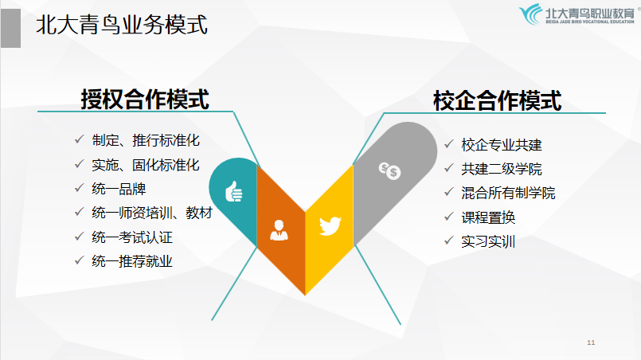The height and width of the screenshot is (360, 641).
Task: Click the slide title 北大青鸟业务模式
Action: point(122,25)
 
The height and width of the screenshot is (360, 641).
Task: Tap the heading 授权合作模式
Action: point(145,100)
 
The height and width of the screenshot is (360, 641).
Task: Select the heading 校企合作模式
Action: point(498,100)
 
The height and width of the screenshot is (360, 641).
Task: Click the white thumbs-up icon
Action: point(234,191)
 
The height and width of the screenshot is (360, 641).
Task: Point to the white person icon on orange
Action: point(279,230)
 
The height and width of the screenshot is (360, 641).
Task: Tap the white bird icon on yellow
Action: point(330,226)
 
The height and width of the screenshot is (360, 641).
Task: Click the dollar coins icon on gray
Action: point(389,170)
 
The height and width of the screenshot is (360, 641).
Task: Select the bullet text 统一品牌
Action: point(119,189)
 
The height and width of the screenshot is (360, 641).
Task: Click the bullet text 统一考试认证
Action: point(132,237)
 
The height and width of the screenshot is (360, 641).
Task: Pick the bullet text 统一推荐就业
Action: point(132,261)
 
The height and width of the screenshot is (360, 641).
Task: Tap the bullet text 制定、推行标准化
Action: point(146,140)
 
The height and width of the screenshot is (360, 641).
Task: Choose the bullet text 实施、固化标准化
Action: point(146,165)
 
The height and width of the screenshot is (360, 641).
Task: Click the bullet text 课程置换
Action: point(488,217)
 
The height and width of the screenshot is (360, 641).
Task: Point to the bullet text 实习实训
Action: point(488,241)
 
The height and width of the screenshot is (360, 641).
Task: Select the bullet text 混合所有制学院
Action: point(508,193)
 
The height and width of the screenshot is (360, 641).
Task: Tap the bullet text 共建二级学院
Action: point(502,169)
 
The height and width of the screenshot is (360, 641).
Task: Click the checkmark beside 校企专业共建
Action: point(449,144)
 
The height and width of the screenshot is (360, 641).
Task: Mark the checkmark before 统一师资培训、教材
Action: point(80,212)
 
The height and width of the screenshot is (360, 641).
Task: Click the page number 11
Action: point(591,342)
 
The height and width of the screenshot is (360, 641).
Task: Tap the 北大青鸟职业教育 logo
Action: point(577,14)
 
